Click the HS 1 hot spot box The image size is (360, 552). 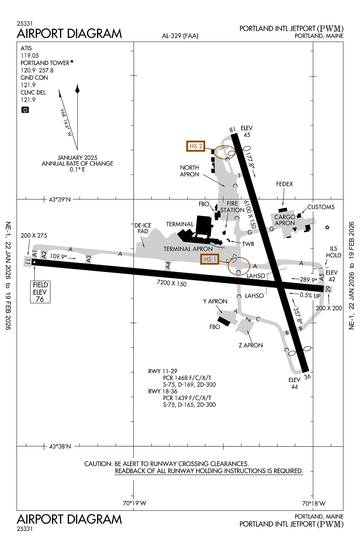(209, 259)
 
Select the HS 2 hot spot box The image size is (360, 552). (195, 146)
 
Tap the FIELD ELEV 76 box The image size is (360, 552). (40, 292)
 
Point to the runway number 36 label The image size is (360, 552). (307, 376)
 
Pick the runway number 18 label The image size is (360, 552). (232, 130)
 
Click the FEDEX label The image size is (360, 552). (285, 184)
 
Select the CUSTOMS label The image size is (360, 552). (321, 207)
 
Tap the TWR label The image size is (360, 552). (248, 244)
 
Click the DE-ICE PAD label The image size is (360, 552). (143, 228)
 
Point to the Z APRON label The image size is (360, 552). (251, 345)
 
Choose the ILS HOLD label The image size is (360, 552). (333, 252)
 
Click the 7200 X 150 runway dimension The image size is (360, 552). (172, 283)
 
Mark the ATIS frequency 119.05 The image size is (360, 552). (29, 56)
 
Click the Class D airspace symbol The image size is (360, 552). (25, 110)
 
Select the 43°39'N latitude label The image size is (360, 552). (60, 199)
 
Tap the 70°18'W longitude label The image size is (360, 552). (314, 503)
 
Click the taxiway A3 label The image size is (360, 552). (88, 259)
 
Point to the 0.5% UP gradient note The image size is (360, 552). (310, 295)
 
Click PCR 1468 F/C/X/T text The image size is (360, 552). (187, 378)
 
